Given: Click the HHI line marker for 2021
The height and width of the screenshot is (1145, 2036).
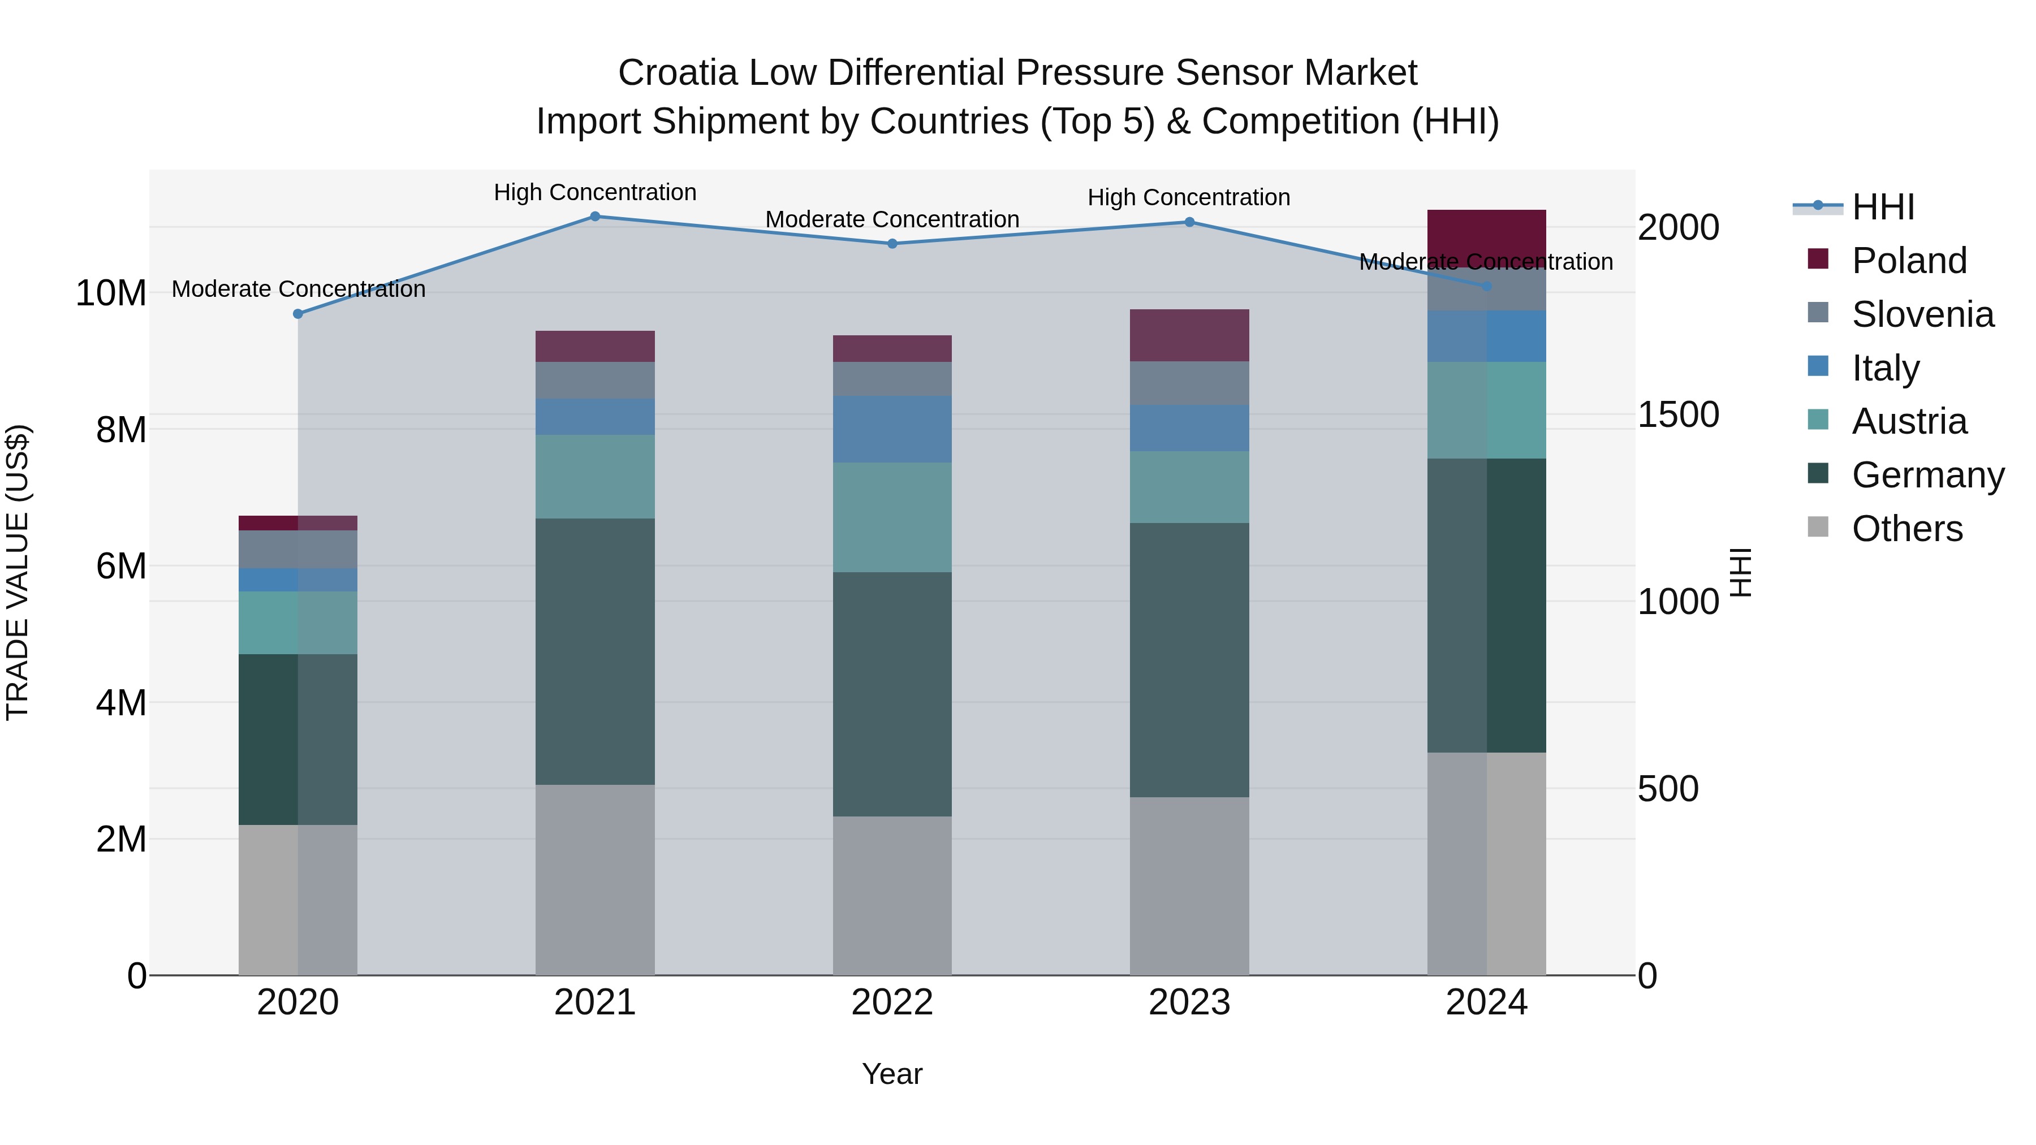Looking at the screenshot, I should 595,217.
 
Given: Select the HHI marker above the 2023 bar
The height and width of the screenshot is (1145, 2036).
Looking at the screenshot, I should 1189,222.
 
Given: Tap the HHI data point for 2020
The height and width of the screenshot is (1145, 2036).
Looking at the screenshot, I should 298,314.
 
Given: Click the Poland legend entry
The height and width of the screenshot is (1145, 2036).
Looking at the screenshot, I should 1908,261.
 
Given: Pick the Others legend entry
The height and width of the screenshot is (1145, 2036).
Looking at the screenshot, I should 1906,529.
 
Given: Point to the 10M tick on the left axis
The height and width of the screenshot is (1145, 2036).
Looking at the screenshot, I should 111,293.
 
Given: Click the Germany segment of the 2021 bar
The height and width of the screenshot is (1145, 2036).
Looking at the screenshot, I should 595,651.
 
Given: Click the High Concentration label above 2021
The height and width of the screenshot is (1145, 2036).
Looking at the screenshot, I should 595,192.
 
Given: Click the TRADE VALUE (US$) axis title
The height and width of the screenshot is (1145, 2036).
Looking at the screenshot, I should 18,572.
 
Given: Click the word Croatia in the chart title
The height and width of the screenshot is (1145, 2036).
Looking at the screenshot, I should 678,73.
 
